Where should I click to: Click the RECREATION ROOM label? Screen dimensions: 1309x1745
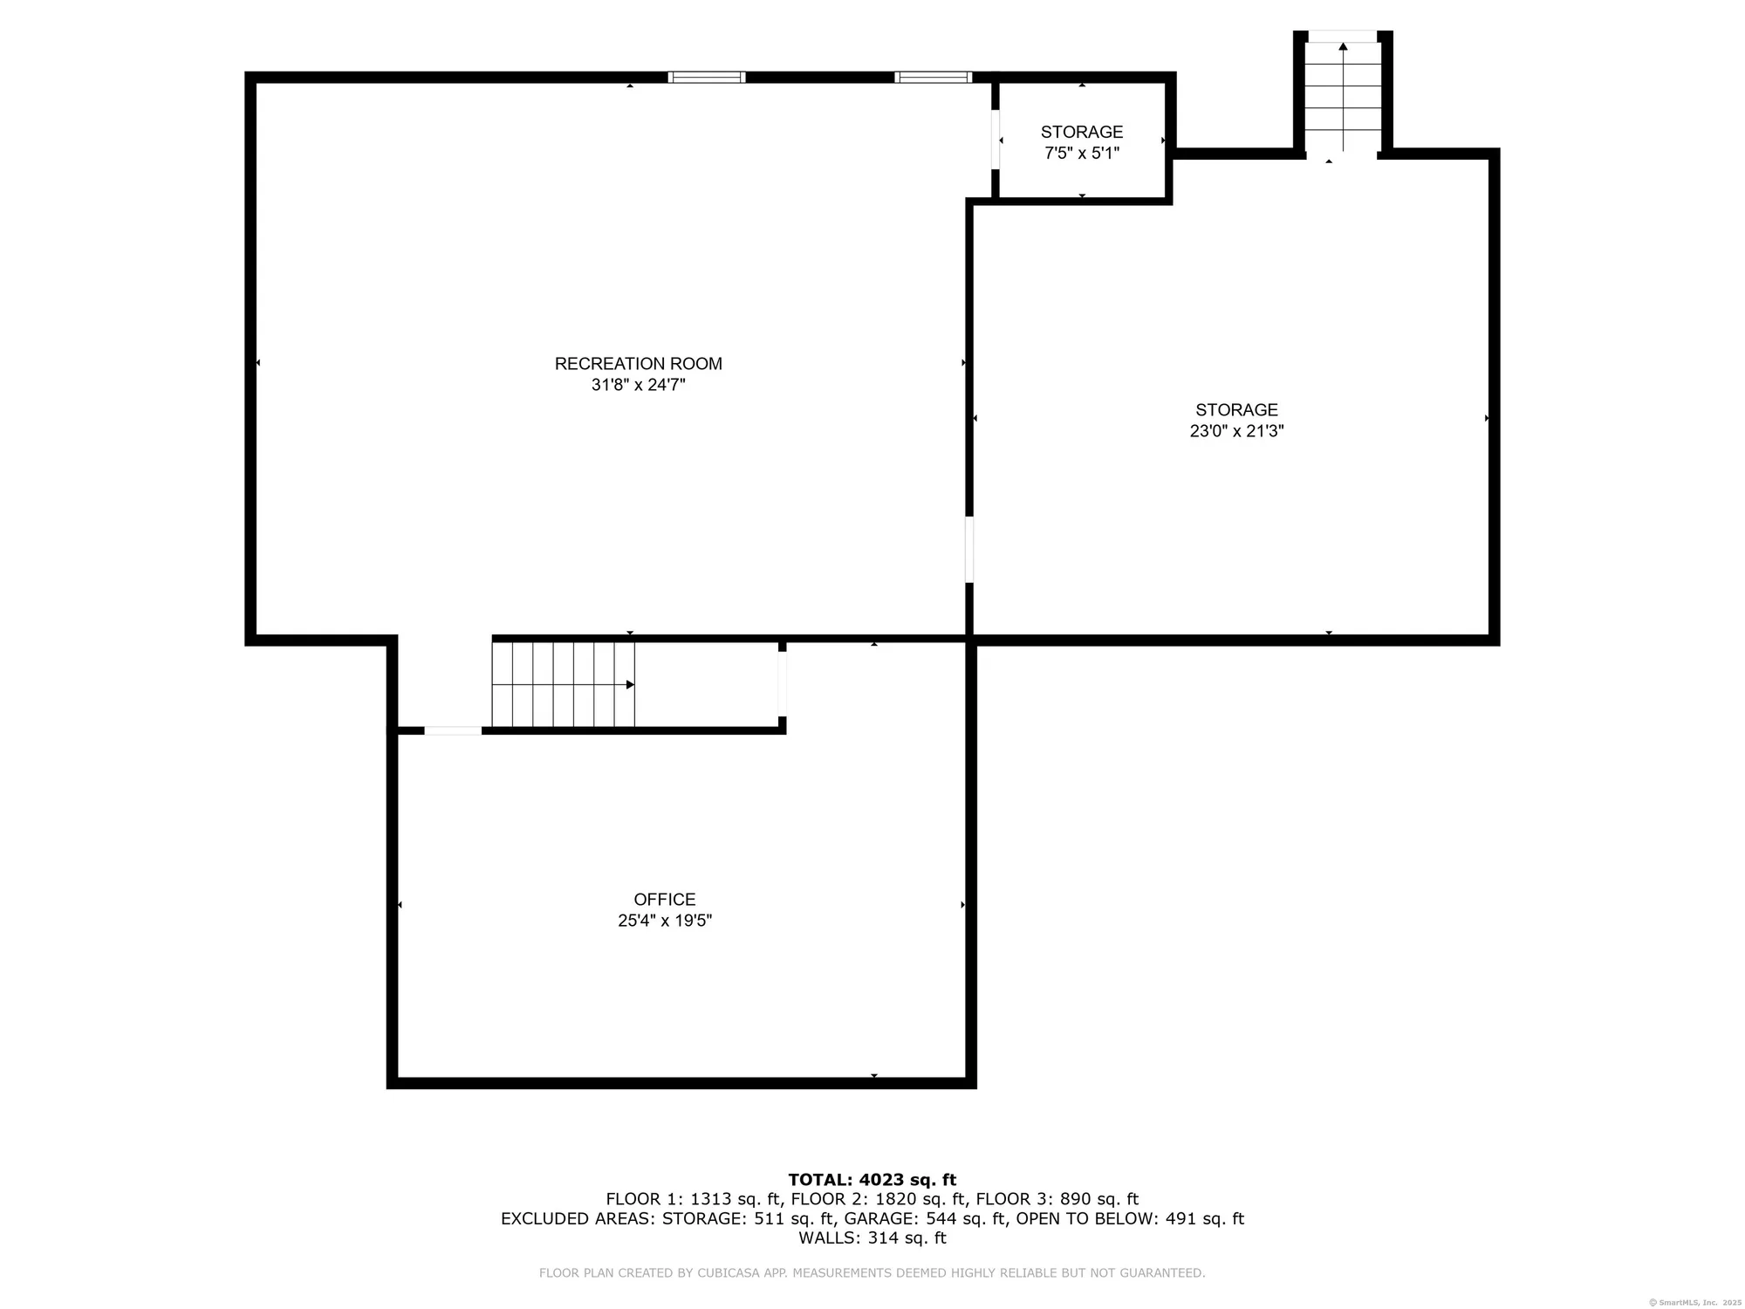[638, 363]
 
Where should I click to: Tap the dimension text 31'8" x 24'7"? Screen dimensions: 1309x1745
[638, 385]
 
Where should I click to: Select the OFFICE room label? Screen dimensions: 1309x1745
[664, 899]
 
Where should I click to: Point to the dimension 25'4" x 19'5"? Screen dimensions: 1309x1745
[664, 921]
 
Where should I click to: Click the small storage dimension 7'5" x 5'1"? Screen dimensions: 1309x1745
[1081, 154]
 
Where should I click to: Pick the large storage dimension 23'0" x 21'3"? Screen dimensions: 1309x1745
[1236, 431]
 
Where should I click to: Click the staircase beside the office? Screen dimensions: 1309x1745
[563, 684]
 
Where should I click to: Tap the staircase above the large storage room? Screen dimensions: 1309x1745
[1343, 96]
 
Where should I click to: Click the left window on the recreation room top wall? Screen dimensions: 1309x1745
[706, 77]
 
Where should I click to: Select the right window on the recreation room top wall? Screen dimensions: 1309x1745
[933, 77]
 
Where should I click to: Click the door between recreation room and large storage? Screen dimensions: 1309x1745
[968, 550]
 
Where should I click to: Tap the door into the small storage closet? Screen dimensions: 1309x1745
[995, 140]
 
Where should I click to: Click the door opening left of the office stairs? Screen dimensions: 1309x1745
[452, 730]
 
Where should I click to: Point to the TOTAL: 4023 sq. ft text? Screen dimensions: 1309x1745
[872, 1180]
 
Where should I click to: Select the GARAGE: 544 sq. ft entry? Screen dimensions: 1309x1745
[925, 1218]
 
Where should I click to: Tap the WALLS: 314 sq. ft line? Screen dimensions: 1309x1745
[872, 1237]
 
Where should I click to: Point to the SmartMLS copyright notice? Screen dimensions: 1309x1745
[1694, 1302]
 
